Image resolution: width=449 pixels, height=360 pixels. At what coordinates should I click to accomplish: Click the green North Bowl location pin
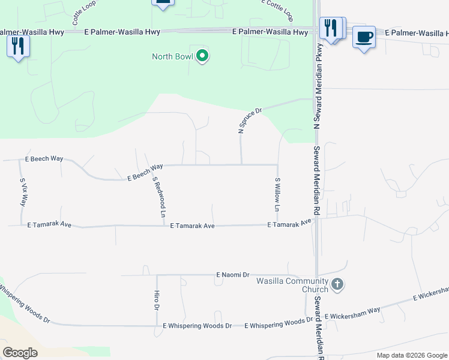click(202, 57)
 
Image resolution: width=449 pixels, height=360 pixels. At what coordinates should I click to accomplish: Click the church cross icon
click(337, 284)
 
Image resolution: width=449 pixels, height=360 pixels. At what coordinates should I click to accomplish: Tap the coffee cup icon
click(364, 37)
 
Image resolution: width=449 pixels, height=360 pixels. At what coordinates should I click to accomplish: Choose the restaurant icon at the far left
click(18, 46)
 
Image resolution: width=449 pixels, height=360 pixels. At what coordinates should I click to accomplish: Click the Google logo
click(20, 353)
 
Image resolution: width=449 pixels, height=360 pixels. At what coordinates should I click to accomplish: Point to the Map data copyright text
click(412, 355)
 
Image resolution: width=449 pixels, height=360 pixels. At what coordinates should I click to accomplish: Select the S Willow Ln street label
click(277, 195)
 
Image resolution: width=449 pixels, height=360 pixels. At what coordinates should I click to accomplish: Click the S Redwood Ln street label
click(159, 196)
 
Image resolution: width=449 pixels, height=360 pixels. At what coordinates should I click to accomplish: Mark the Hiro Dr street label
click(156, 299)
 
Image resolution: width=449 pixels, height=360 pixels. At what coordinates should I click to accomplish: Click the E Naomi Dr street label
click(233, 275)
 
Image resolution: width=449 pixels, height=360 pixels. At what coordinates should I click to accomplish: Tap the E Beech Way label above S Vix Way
click(44, 158)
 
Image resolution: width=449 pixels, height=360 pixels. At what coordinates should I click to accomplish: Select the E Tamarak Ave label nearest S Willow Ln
click(290, 223)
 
